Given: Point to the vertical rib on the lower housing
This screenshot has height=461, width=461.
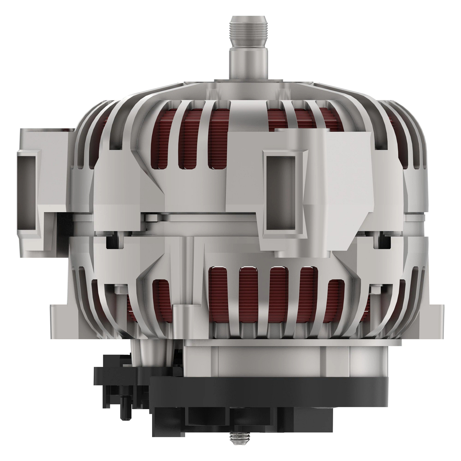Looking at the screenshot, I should point(190,269).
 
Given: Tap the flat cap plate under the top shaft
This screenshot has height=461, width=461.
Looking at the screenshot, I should point(246,83).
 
